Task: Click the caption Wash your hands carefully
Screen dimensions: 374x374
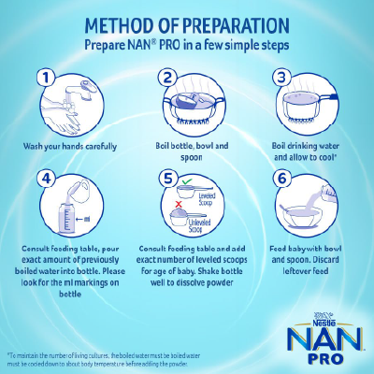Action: point(70,146)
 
